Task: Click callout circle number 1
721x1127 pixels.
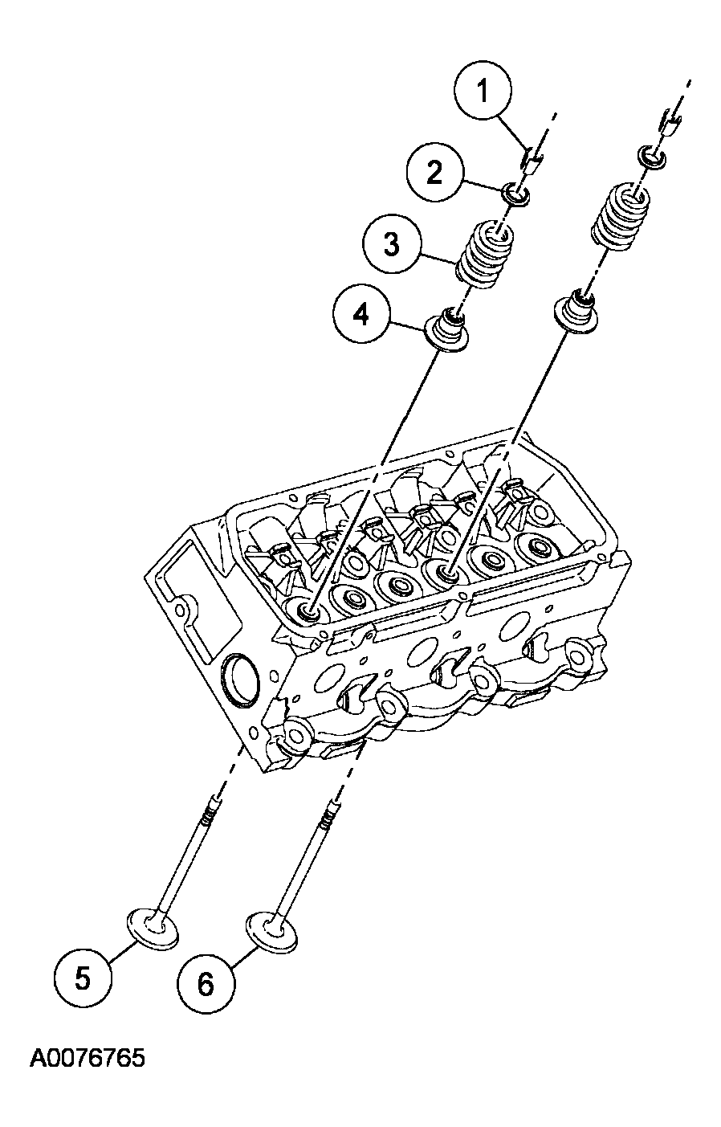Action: point(483,92)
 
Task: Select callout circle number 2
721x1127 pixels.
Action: point(434,173)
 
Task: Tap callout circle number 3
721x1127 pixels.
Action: point(390,243)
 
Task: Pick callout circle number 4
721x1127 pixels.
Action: point(362,315)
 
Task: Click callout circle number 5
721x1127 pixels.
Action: point(83,978)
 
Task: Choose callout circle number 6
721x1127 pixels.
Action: point(206,983)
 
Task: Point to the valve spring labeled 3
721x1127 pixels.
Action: point(486,255)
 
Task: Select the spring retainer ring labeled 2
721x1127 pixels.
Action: point(515,194)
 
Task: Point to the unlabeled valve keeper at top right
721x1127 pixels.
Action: point(670,123)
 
